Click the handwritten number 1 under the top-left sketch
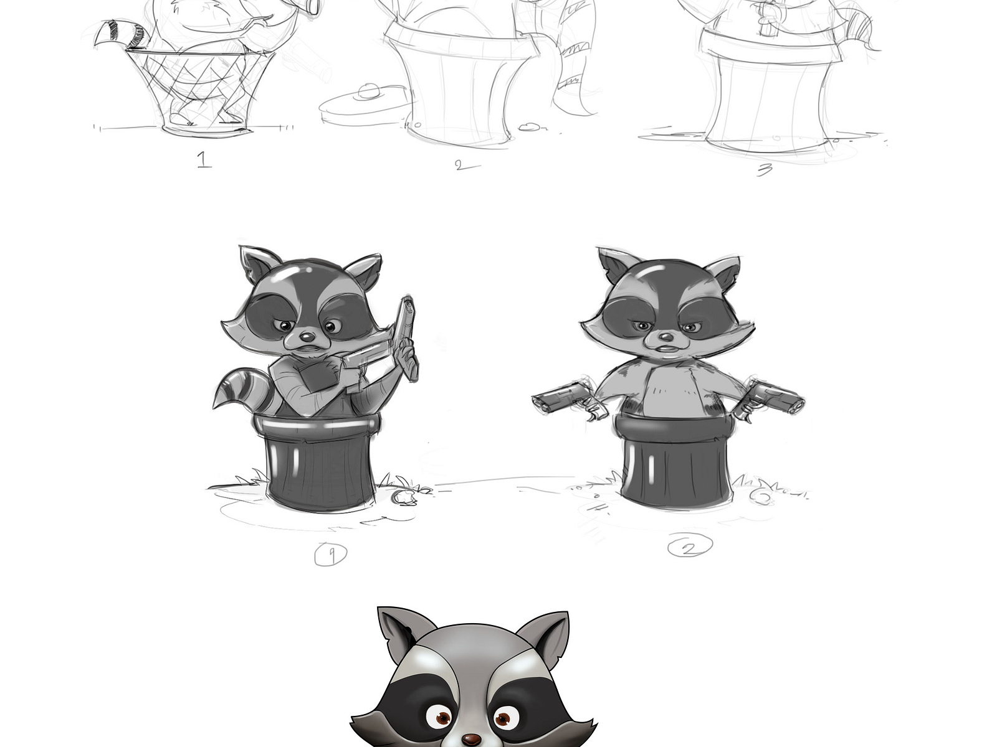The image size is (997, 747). [x=204, y=161]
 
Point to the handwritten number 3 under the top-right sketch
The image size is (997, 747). [x=764, y=169]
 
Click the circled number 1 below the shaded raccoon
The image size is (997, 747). [x=330, y=554]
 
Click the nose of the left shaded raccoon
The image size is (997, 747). [x=305, y=336]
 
